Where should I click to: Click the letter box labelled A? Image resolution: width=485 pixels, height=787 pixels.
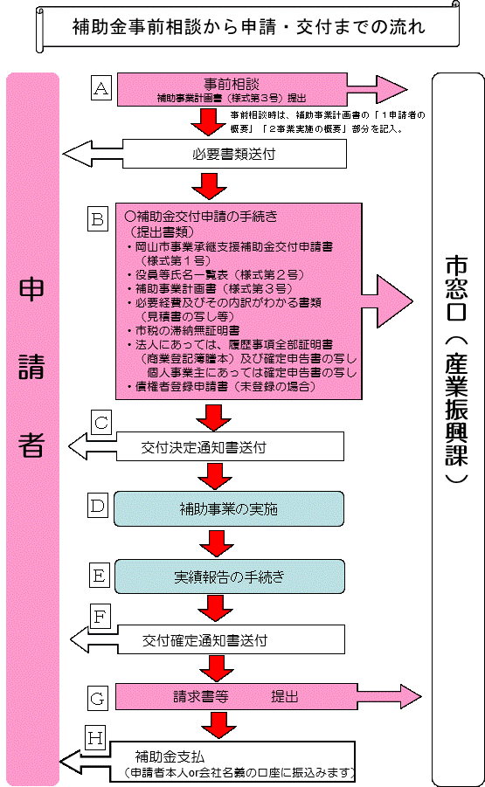click(102, 87)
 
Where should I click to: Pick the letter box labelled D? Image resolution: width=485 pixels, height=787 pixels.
click(99, 505)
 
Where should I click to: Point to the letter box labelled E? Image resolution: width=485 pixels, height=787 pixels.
click(99, 575)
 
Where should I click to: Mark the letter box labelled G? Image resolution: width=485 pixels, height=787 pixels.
click(99, 697)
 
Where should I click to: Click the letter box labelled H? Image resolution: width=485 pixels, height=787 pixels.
click(95, 738)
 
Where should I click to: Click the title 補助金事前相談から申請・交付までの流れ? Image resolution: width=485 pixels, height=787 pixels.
click(248, 27)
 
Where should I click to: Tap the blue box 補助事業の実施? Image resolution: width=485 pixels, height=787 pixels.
click(228, 508)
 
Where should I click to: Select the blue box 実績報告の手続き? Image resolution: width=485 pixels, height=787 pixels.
click(228, 577)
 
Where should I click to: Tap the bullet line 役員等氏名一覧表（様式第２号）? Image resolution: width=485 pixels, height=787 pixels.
click(210, 274)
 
